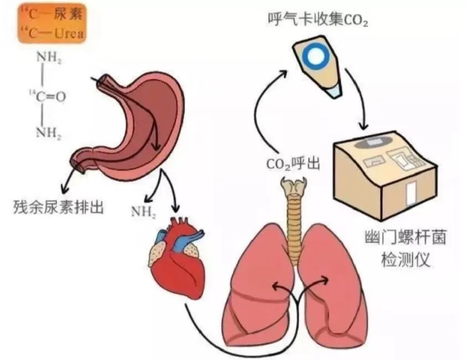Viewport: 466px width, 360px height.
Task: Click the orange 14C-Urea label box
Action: pos(51,23)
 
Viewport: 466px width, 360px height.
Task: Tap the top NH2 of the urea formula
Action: pos(49,58)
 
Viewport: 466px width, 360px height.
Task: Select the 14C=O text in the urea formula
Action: pos(48,96)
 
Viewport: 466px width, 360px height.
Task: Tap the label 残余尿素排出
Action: pos(58,207)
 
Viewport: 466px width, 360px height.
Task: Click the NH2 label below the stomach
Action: pos(144,212)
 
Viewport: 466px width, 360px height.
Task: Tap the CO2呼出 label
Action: pos(293,164)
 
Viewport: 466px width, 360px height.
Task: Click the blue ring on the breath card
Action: pos(315,55)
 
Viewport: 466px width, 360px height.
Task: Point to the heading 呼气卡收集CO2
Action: pos(318,19)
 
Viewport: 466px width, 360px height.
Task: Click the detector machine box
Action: pos(386,175)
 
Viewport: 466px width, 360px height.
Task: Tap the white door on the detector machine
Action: pos(412,194)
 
